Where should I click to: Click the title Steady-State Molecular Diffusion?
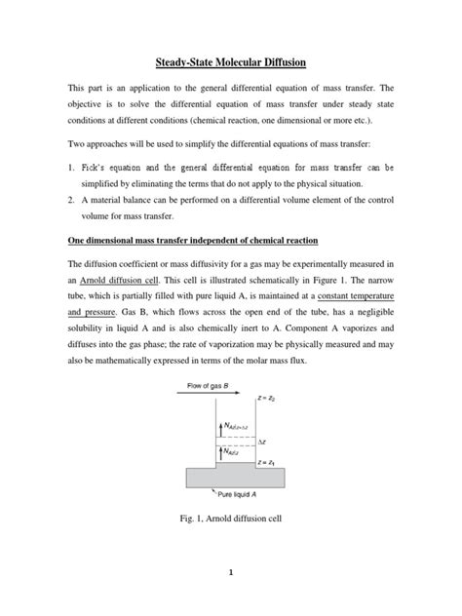pyautogui.click(x=230, y=62)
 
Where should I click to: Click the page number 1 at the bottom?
pyautogui.click(x=231, y=574)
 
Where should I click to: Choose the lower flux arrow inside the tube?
pyautogui.click(x=219, y=451)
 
